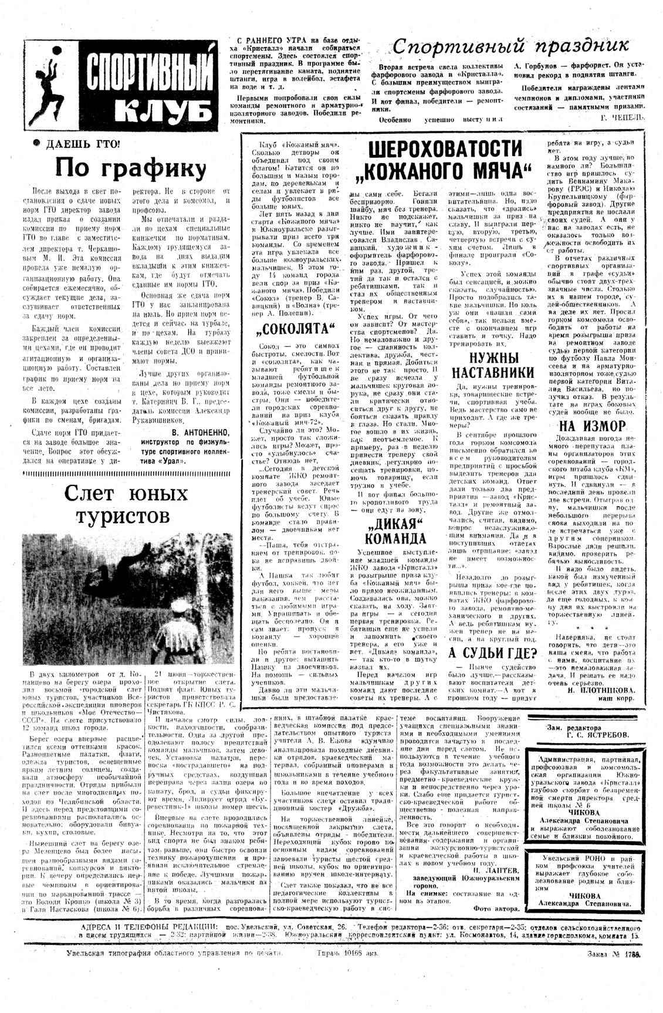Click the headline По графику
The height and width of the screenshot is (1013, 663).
pos(130,168)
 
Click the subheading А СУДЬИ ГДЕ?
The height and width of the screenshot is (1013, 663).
pos(493,653)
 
